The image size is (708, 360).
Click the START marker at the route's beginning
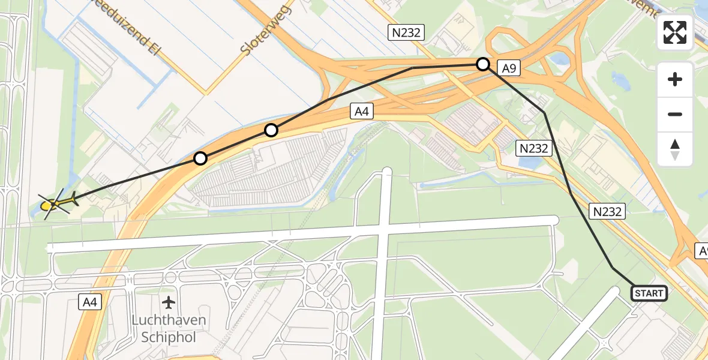point(649,293)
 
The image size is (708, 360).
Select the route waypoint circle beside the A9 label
point(483,64)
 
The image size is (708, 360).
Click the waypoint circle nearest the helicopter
point(200,158)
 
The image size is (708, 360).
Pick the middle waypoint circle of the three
point(271,130)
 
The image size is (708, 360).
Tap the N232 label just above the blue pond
point(534,148)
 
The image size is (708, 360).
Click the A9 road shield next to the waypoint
point(509,68)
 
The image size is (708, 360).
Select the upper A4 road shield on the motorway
point(360,110)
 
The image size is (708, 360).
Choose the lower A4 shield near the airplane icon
point(89,303)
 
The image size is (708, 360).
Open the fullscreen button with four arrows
point(675,32)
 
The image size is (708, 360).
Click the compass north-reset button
point(675,149)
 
